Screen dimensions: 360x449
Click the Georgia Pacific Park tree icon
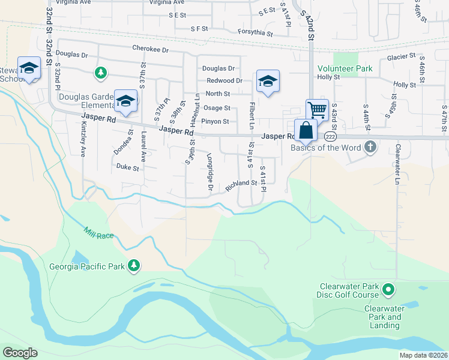135,265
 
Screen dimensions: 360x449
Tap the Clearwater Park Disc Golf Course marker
388,290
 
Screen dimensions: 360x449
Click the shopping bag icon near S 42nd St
306,130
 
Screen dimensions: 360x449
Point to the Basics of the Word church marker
371,147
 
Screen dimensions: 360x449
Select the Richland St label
241,186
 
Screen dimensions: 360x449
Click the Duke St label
127,167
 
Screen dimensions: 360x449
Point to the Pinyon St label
215,122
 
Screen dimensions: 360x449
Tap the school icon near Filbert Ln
268,81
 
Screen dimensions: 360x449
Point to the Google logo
20,353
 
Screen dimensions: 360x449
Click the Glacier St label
401,56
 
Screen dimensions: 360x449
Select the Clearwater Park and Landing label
383,317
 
